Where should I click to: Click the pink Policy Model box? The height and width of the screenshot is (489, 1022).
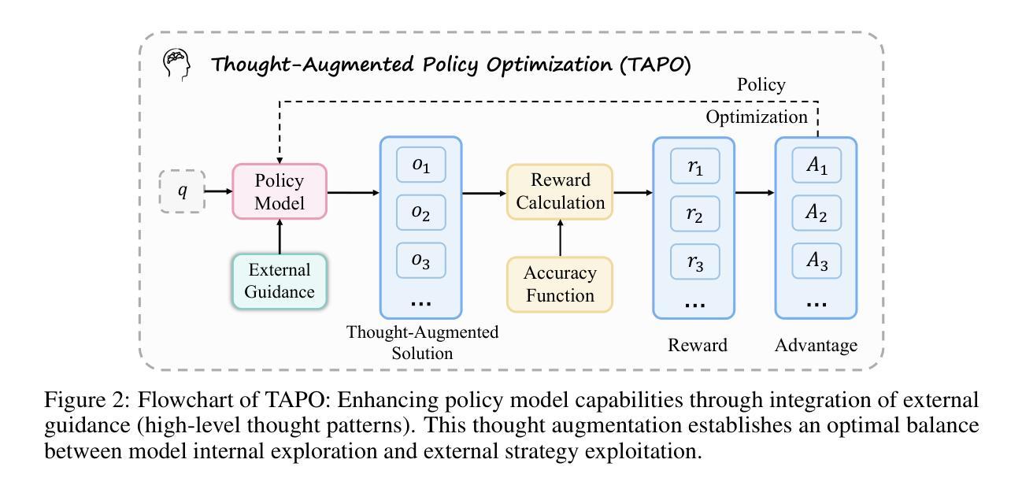[x=280, y=191]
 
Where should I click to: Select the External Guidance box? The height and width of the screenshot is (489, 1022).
[x=280, y=281]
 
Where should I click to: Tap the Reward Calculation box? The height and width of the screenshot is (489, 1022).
[x=560, y=191]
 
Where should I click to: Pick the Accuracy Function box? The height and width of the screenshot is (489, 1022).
[x=560, y=284]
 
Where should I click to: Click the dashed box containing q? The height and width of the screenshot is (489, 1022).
[x=182, y=191]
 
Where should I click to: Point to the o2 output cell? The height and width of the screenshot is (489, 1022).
[x=420, y=213]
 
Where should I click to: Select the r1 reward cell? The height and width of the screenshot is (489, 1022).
[x=695, y=166]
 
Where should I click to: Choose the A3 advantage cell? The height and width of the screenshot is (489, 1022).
[x=816, y=261]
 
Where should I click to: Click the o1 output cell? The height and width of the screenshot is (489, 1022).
[x=420, y=165]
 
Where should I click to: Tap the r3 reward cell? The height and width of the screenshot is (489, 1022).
[x=695, y=262]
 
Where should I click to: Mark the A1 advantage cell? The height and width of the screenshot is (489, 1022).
[x=816, y=165]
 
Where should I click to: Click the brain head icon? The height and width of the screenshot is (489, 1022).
[x=176, y=65]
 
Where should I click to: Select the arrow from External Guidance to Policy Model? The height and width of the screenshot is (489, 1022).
[x=280, y=237]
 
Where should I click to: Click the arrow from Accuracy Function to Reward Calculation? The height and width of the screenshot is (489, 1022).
[x=561, y=238]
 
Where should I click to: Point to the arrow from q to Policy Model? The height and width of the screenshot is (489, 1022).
[x=219, y=191]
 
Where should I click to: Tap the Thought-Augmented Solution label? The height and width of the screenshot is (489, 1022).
[x=423, y=343]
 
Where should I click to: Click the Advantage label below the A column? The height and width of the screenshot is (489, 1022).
[x=816, y=346]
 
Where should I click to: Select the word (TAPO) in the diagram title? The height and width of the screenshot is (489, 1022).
[x=655, y=65]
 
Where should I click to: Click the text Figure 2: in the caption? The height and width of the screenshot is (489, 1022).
[x=87, y=399]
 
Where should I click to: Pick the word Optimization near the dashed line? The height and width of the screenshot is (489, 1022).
[x=757, y=117]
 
